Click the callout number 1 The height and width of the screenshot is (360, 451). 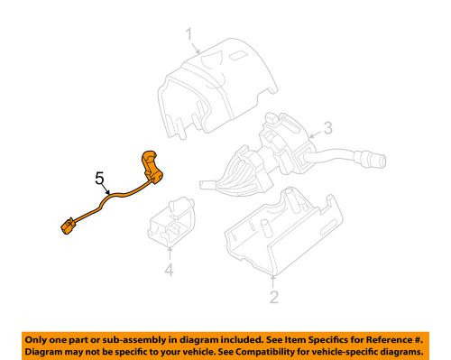coord(189,35)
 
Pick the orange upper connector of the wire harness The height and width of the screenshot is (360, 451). coord(152,168)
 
